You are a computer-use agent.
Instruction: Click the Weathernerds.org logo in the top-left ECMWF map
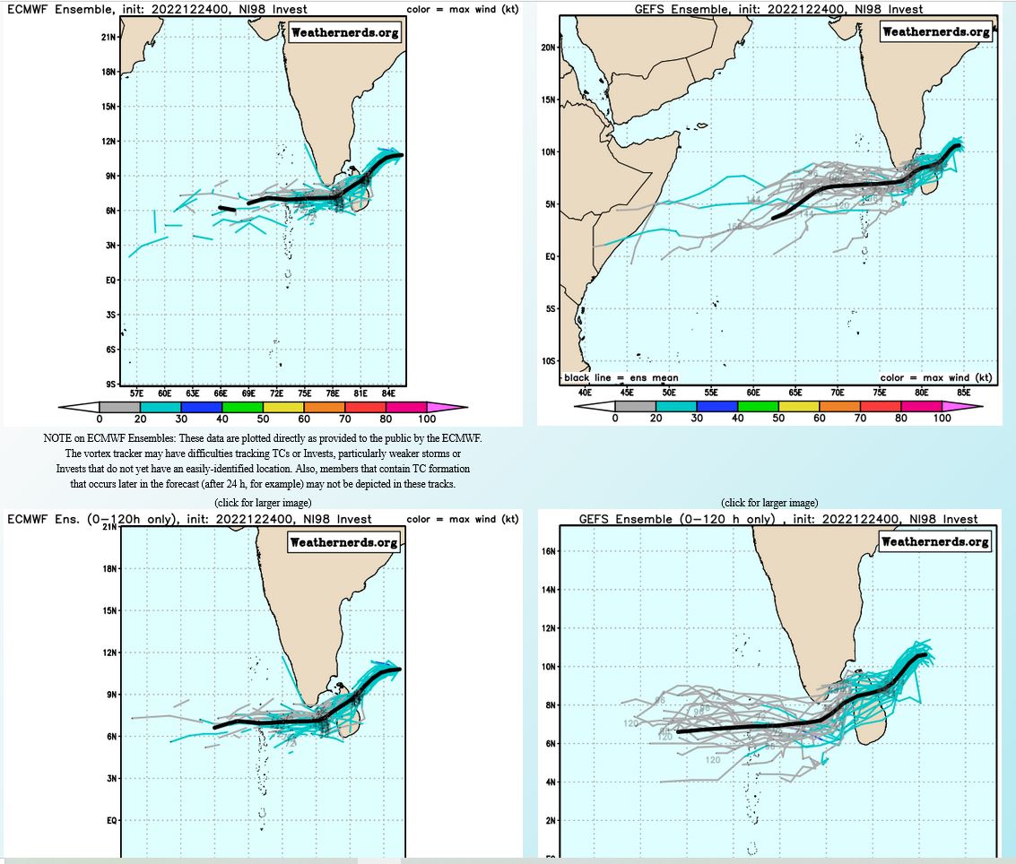345,33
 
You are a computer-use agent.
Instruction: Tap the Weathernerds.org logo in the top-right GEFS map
936,31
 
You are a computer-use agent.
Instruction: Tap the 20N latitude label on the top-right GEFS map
548,47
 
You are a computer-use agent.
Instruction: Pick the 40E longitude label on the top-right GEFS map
585,393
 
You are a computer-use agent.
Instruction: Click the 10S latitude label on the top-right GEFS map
548,361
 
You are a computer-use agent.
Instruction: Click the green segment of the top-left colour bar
242,408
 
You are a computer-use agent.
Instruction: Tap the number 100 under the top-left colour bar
427,419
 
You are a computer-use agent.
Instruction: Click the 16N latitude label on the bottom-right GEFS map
549,551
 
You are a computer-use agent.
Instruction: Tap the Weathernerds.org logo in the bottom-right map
936,541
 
